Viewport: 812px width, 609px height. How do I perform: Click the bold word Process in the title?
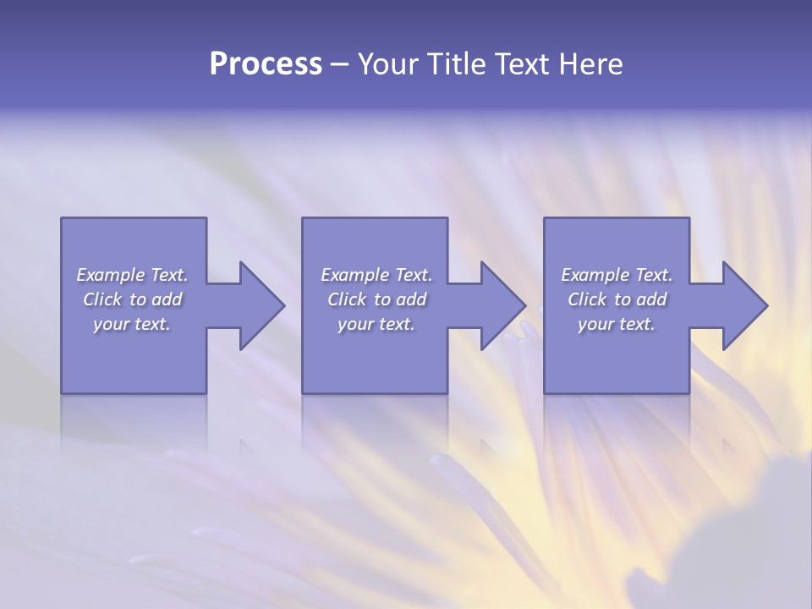pos(266,64)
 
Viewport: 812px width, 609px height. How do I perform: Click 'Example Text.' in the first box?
pos(132,275)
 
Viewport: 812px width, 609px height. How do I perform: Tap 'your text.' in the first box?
pos(132,324)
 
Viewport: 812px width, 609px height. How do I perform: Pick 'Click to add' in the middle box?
pos(376,299)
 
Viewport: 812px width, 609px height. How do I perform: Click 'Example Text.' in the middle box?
pos(376,275)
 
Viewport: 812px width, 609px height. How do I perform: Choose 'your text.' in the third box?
pos(617,324)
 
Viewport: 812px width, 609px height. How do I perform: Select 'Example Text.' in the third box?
pos(617,275)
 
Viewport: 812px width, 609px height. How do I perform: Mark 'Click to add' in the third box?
pos(617,299)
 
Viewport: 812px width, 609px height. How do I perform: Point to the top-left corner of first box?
pos(62,219)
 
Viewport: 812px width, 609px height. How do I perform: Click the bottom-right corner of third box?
pos(689,392)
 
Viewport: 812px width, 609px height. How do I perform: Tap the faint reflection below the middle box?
pos(375,419)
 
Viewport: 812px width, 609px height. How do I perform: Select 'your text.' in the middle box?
pos(376,324)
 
